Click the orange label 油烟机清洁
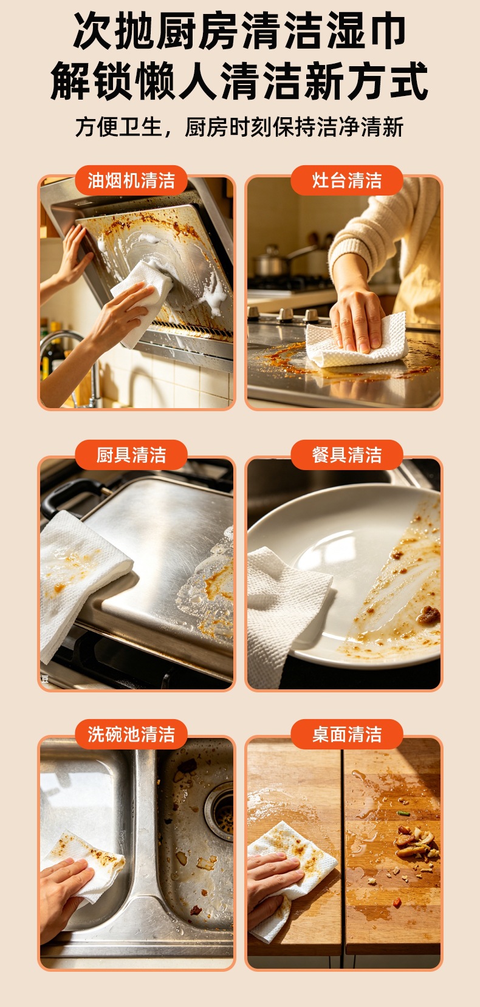131,180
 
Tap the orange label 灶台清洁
346,180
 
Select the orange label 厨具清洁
131,455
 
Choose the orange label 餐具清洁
346,455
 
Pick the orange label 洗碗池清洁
131,734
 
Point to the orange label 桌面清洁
346,734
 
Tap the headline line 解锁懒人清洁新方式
240,81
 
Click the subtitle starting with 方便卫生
240,127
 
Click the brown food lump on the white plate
428,615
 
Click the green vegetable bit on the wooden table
403,813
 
